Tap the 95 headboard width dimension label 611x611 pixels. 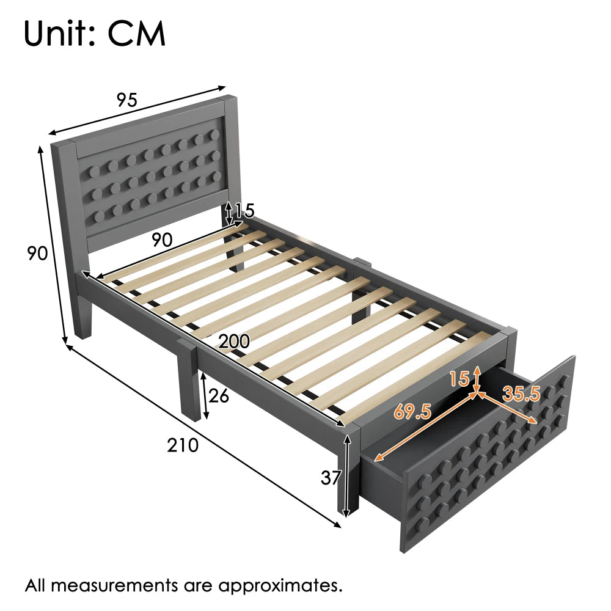point(127,100)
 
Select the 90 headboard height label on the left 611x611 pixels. point(37,252)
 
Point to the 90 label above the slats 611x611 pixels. point(161,240)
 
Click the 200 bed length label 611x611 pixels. point(234,342)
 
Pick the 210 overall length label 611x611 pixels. point(183,445)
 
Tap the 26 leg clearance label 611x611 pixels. point(218,396)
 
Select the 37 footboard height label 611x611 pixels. point(331,477)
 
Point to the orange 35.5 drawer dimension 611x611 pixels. point(521,394)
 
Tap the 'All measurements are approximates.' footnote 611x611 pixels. point(183,585)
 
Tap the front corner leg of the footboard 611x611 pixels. point(346,477)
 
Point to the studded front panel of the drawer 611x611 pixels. point(489,464)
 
